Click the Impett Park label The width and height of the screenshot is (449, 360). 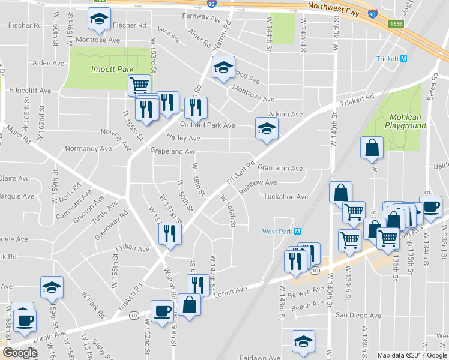tap(112, 69)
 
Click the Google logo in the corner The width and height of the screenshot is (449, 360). tap(20, 353)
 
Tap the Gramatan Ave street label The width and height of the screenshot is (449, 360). tap(282, 169)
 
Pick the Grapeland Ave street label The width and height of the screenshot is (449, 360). tap(173, 152)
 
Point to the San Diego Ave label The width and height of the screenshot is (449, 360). tap(358, 316)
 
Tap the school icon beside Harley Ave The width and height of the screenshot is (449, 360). tap(267, 128)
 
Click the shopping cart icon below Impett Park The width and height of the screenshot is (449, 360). tap(139, 85)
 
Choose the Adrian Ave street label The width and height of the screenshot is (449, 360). tap(285, 114)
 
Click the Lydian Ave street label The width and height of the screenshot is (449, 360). tap(133, 248)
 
